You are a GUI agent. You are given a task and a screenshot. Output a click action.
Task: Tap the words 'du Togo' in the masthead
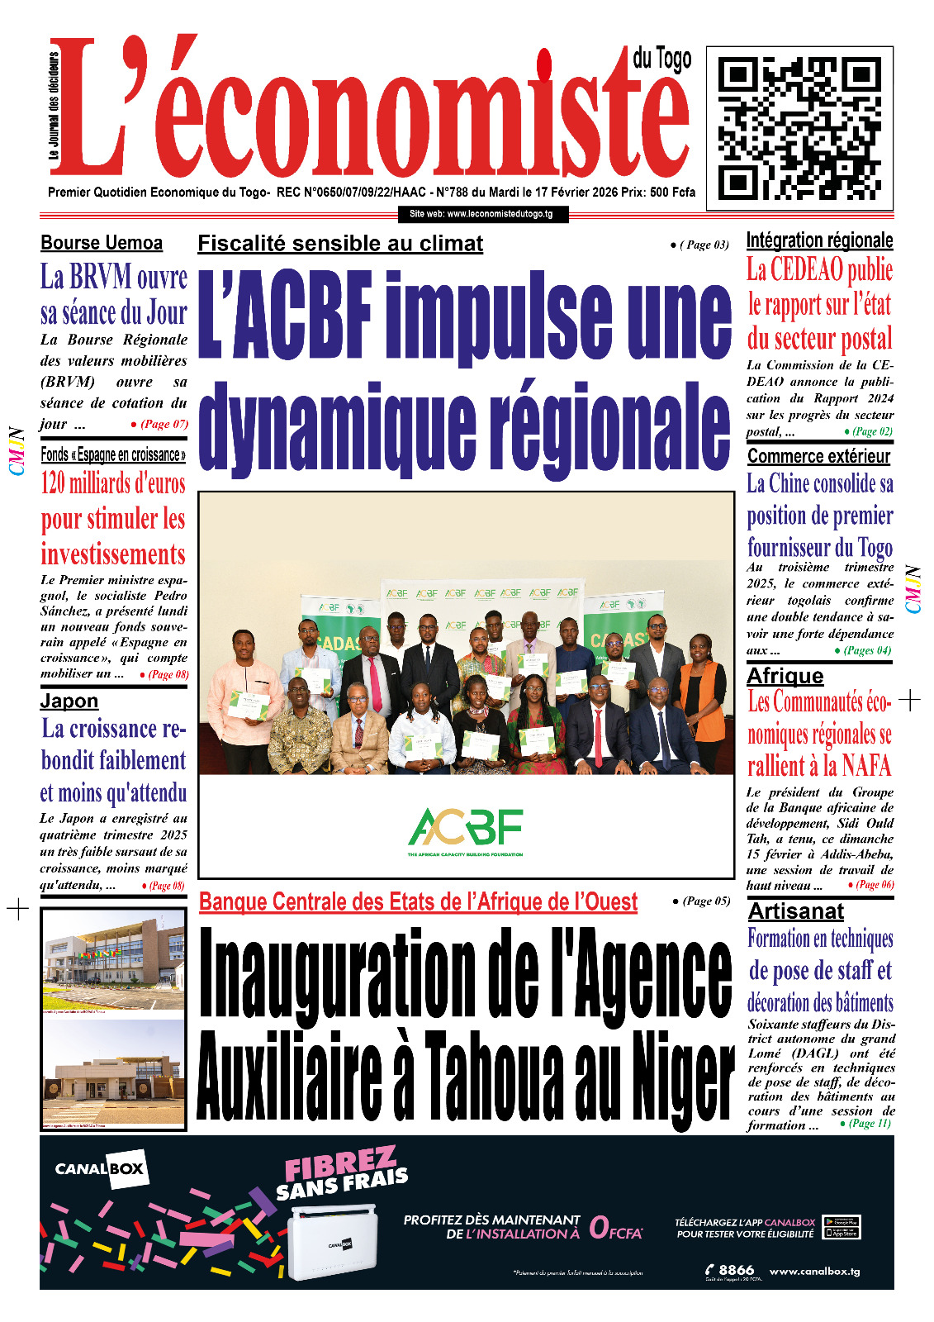click(x=662, y=59)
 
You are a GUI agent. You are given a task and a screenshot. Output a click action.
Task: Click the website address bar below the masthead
click(x=481, y=214)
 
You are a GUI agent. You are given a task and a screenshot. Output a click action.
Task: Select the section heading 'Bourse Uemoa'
click(x=102, y=243)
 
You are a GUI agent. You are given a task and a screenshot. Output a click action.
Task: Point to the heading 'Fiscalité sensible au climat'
click(x=340, y=244)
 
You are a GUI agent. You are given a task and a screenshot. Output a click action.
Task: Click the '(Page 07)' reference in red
click(x=164, y=424)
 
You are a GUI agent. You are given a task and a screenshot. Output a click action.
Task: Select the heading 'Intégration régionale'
click(x=819, y=240)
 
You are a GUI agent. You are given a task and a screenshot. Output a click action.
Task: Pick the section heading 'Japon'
click(x=69, y=701)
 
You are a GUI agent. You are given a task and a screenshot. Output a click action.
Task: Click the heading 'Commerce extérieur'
click(x=818, y=456)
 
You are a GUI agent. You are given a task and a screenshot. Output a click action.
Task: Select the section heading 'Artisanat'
click(x=795, y=911)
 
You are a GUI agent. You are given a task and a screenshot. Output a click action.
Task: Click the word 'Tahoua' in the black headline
click(x=492, y=1072)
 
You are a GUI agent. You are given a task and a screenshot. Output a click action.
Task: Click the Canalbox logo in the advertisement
click(x=100, y=1168)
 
